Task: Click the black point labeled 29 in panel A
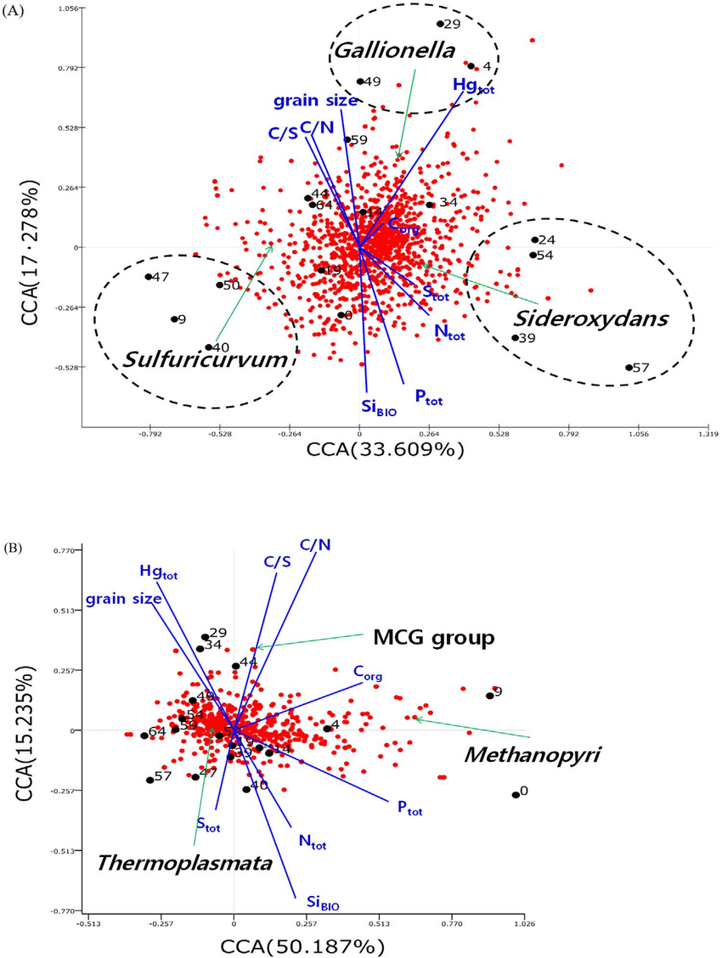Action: point(440,24)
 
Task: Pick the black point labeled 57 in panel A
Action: point(629,368)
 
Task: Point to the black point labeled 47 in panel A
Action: point(148,277)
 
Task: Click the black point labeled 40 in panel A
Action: point(208,347)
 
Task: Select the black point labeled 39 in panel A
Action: point(515,338)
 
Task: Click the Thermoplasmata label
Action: point(183,864)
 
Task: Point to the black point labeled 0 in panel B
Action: point(516,795)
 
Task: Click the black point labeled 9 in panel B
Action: point(489,696)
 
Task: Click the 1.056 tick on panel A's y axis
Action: point(66,8)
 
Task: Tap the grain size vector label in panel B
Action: point(123,600)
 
